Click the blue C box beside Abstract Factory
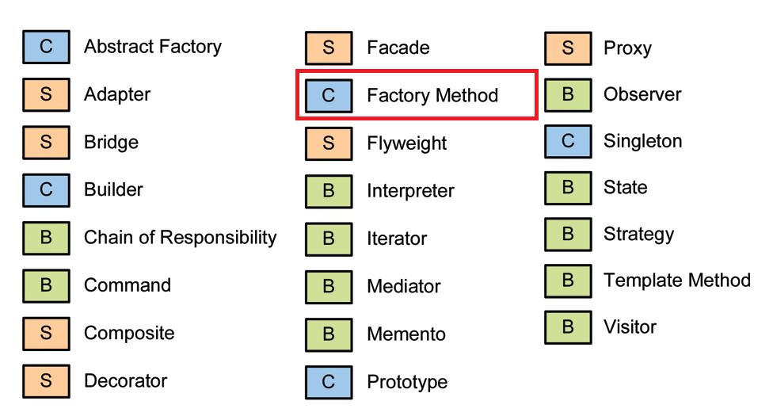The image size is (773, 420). click(x=46, y=48)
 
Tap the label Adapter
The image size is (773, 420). click(x=117, y=95)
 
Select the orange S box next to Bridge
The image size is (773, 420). click(x=46, y=143)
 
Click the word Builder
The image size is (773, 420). click(x=113, y=190)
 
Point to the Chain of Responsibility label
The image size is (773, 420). click(x=180, y=238)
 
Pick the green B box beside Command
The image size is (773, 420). click(x=46, y=285)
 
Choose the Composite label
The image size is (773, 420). click(x=129, y=333)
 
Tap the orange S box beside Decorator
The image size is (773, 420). click(x=46, y=380)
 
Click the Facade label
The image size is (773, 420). click(x=398, y=48)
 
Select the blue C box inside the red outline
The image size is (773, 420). click(x=329, y=96)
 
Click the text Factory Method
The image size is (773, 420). click(x=432, y=96)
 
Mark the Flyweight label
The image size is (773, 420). click(x=406, y=143)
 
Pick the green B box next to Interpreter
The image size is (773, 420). click(x=329, y=191)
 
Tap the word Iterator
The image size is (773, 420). click(x=397, y=239)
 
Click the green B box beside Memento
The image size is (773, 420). click(x=329, y=334)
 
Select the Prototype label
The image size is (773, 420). click(x=407, y=382)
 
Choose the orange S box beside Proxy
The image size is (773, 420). click(x=568, y=48)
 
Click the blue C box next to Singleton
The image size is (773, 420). click(x=568, y=142)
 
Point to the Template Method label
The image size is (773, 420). click(x=676, y=281)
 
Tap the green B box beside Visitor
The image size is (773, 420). click(x=568, y=327)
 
